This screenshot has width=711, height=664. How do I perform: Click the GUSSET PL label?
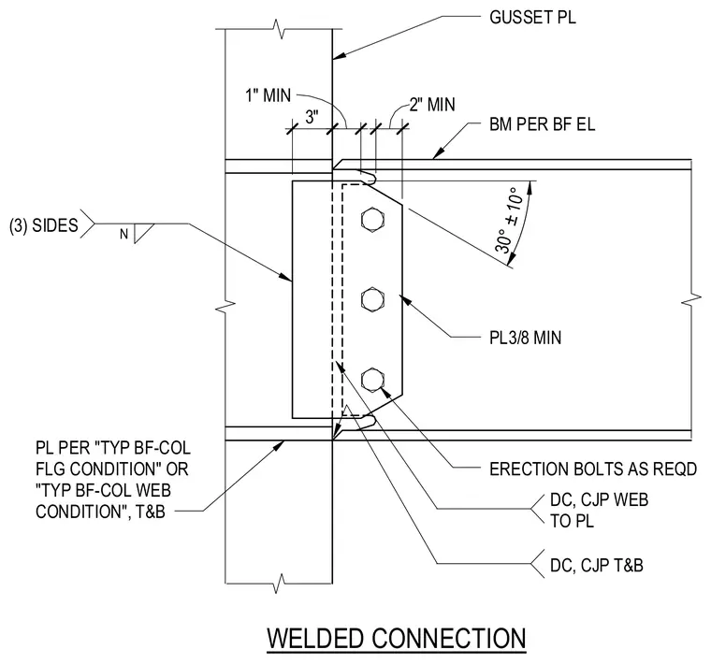(532, 17)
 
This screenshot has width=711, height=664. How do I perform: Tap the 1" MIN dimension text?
(268, 95)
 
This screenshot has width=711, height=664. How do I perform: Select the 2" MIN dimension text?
(432, 105)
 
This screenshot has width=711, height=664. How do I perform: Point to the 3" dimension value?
(312, 117)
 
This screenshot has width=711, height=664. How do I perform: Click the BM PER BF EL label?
(542, 124)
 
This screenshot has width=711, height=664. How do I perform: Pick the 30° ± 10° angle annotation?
(509, 220)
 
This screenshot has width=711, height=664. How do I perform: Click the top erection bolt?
(372, 220)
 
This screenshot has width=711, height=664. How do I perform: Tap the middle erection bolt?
(372, 299)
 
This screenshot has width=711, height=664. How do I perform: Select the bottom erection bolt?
(372, 380)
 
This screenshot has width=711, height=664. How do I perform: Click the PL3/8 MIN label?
(525, 338)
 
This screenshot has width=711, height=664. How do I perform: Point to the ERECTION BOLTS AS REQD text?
(592, 469)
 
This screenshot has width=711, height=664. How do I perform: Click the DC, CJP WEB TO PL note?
(599, 511)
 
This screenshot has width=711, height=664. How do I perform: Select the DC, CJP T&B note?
(596, 566)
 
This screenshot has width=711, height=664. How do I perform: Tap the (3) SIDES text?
(44, 225)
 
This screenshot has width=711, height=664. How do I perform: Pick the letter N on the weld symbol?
(123, 235)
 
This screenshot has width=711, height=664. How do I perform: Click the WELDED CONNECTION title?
(397, 639)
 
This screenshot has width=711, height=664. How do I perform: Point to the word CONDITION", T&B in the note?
(100, 512)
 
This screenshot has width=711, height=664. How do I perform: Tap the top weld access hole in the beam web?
(368, 177)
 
